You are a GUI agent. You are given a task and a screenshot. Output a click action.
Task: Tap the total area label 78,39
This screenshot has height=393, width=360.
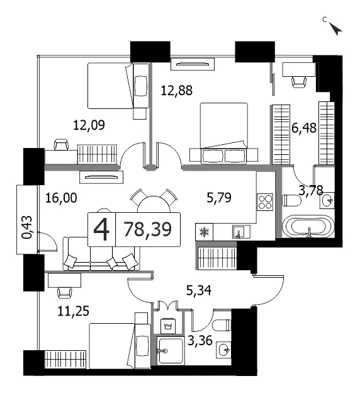147,229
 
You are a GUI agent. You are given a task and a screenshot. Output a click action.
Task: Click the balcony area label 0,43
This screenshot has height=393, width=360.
27,227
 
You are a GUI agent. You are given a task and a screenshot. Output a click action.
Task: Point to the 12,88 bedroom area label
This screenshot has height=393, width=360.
177,91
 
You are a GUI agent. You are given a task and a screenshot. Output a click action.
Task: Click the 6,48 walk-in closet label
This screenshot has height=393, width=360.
304,128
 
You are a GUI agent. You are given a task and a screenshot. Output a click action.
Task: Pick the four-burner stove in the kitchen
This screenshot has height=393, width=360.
265,202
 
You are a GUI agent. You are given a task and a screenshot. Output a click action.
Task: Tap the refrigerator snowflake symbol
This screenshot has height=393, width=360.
204,232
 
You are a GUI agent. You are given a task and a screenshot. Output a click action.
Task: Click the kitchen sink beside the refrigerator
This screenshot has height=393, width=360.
241,232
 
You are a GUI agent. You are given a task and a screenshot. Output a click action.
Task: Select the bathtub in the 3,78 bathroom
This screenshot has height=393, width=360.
308,226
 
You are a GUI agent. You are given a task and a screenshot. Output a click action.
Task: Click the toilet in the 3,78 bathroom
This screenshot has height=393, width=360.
291,200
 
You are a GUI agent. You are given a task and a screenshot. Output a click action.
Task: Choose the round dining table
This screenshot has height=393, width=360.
154,205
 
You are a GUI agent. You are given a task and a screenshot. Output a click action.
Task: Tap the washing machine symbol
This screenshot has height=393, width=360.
167,326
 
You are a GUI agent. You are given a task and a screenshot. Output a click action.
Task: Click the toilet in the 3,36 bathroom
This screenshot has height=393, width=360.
222,325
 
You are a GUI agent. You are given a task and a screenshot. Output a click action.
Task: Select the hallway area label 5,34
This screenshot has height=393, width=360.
199,290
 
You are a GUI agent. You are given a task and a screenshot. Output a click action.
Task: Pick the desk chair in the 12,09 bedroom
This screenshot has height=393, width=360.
61,145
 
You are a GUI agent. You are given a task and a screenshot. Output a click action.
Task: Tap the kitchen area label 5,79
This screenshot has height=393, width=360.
219,198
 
